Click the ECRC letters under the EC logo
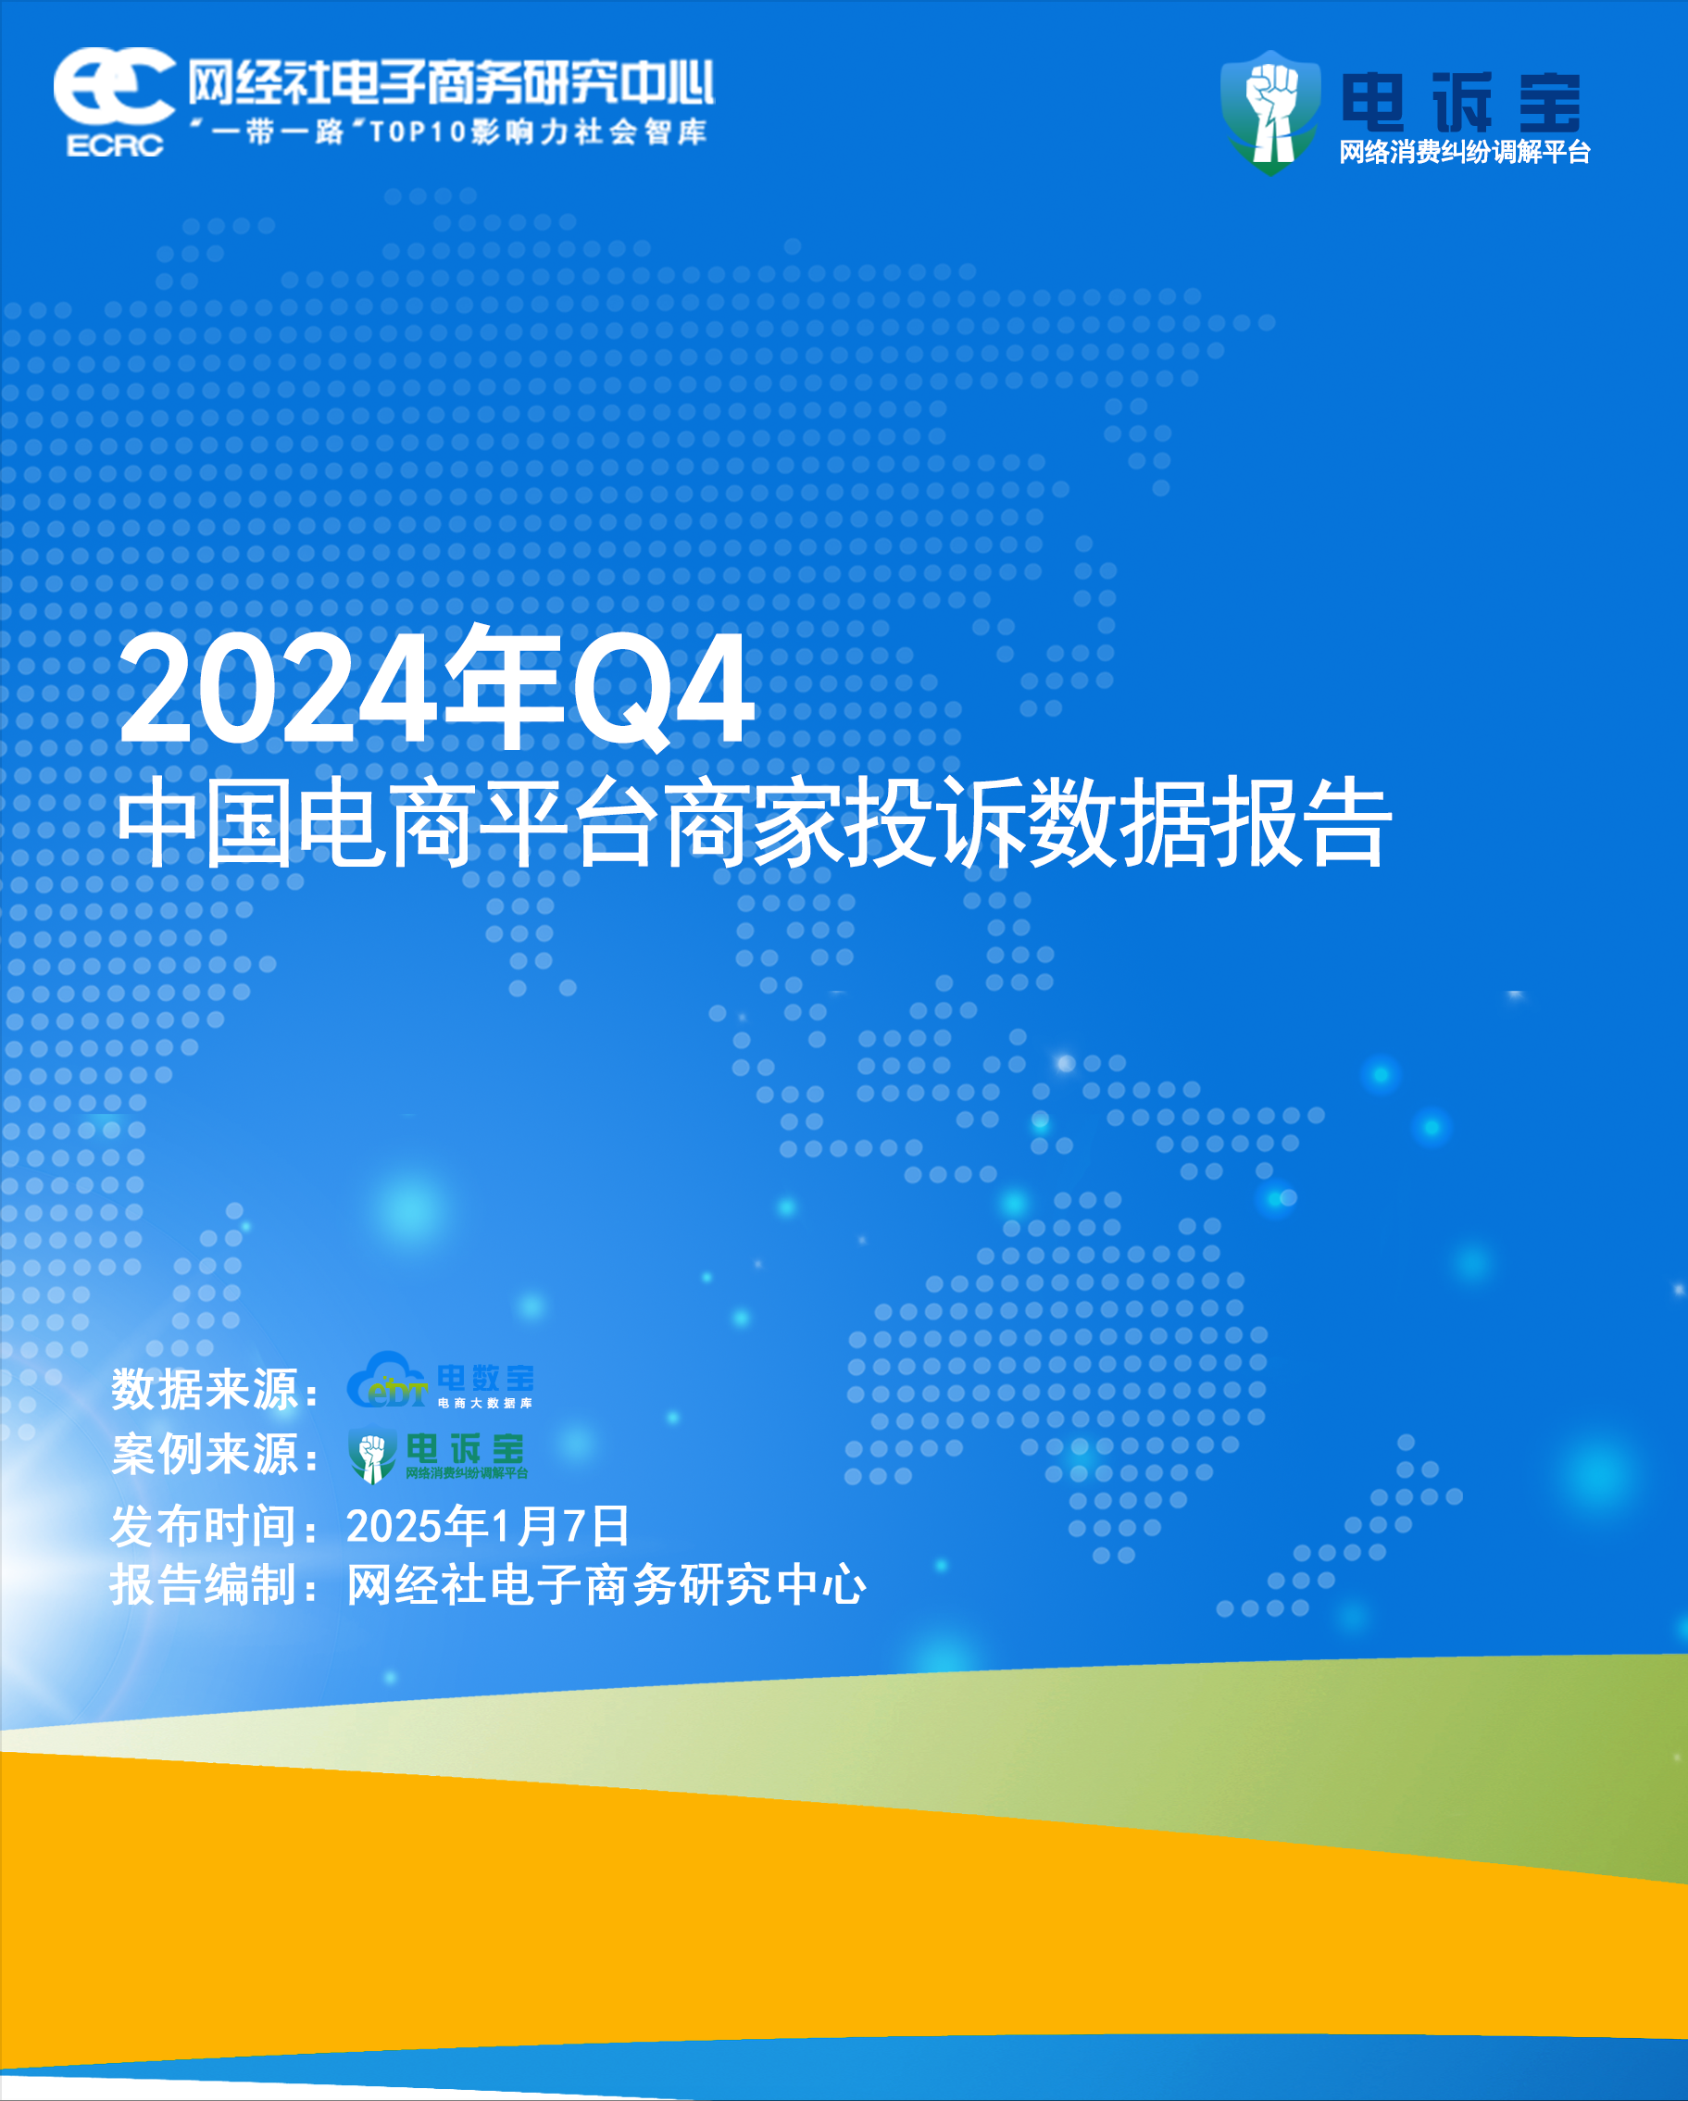tap(115, 145)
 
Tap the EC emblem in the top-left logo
tap(114, 86)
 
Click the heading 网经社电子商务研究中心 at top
tap(451, 81)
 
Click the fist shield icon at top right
tap(1269, 112)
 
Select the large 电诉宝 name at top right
tap(1461, 103)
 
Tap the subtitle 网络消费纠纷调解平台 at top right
tap(1465, 152)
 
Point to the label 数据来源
tap(205, 1389)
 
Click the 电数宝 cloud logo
tap(441, 1380)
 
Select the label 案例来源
tap(205, 1454)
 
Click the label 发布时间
tap(205, 1525)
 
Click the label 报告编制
tap(205, 1584)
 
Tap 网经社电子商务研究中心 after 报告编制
tap(606, 1584)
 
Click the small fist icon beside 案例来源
tap(372, 1456)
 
